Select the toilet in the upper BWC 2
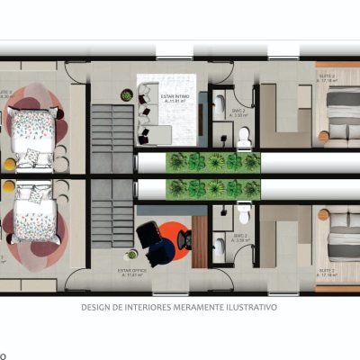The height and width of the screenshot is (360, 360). pyautogui.click(x=244, y=136)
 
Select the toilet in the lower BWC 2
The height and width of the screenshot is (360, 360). pyautogui.click(x=244, y=214)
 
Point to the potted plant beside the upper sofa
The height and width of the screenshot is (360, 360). pyautogui.click(x=127, y=94)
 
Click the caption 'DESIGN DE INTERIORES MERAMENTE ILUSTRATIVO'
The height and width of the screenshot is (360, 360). pyautogui.click(x=180, y=307)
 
